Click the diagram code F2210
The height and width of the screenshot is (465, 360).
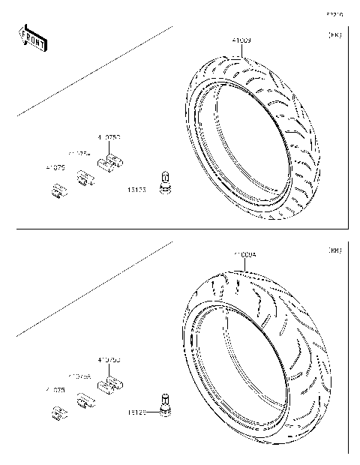coord(334,13)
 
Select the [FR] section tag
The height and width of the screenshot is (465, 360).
coord(334,35)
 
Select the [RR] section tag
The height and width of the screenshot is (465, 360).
coord(334,251)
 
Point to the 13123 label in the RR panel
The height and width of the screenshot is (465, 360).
coord(136,411)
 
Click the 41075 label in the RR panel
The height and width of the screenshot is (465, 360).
coord(55,390)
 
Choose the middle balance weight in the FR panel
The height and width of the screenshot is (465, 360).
coord(83,179)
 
